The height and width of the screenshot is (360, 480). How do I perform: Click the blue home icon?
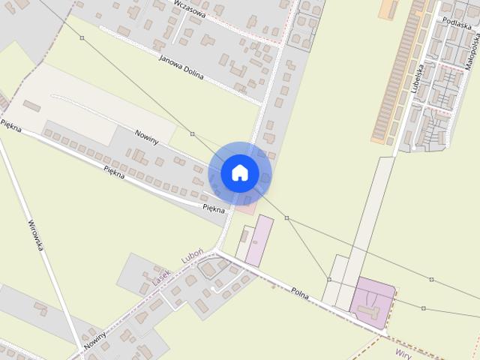(240, 173)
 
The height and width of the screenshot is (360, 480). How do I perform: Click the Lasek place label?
(162, 277)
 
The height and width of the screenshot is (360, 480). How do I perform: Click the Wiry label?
(403, 351)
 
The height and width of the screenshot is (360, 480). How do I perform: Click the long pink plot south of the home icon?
(259, 240)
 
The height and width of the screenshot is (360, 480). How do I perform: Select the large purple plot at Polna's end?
(372, 301)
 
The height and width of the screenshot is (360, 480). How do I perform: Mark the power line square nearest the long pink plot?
(286, 217)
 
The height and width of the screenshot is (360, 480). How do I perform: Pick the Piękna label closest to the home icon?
(214, 208)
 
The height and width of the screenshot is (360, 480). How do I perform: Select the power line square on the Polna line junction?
(329, 280)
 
